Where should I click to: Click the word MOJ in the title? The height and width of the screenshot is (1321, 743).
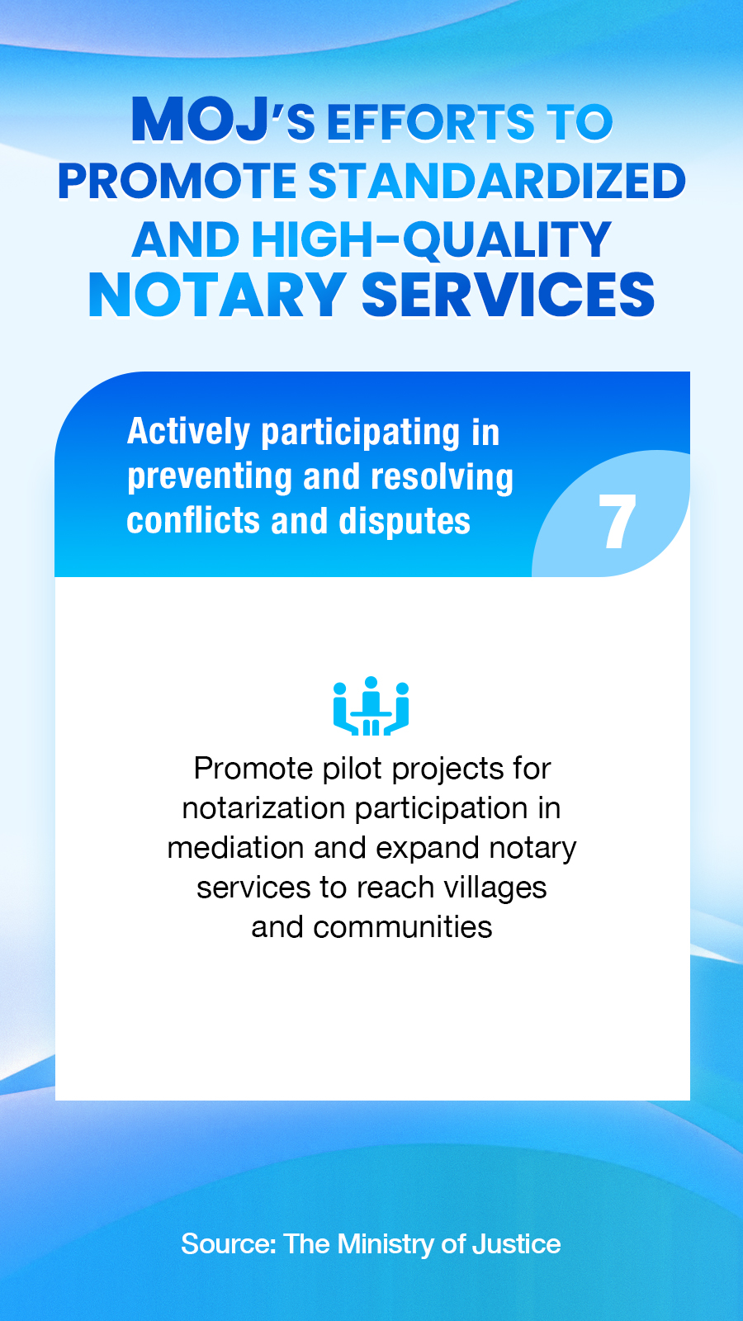tap(201, 120)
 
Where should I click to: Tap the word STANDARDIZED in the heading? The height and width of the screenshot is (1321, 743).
tap(497, 181)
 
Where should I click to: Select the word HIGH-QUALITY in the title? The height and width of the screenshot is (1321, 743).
tap(432, 239)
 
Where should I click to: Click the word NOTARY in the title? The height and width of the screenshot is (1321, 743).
tap(216, 295)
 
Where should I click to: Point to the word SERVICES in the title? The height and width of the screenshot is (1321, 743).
tap(508, 295)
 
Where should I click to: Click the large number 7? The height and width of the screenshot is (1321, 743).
tap(617, 521)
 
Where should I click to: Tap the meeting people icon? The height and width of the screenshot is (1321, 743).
tap(371, 706)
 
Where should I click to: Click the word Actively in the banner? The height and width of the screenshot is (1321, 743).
tap(189, 433)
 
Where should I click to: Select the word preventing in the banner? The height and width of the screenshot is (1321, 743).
tap(210, 478)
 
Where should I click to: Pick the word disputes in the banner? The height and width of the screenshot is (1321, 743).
tap(405, 522)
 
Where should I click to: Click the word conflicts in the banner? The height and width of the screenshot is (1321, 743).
tap(193, 521)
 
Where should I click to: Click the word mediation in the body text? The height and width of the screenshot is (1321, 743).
tap(236, 848)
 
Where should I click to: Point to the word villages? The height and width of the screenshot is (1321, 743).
tap(495, 888)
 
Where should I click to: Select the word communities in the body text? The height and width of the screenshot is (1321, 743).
tap(403, 927)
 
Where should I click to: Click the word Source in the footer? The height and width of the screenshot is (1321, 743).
tap(228, 1243)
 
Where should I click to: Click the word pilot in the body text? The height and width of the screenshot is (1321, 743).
tap(353, 769)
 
